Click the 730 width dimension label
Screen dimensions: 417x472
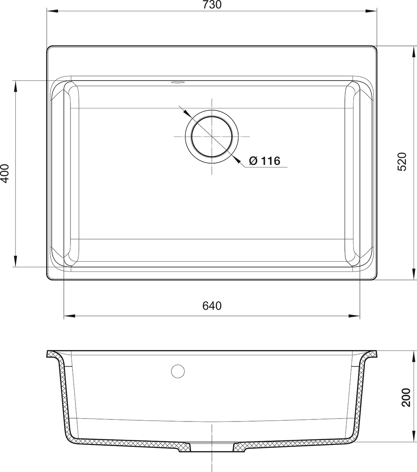[212, 5]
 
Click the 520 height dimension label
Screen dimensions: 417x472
[402, 162]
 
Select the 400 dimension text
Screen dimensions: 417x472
[5, 173]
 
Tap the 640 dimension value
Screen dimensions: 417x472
[212, 306]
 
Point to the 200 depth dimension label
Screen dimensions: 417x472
[406, 397]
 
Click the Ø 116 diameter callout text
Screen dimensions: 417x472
[265, 161]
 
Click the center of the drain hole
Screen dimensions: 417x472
[212, 136]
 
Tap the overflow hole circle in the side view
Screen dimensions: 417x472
[178, 371]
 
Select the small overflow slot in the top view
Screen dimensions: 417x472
[178, 81]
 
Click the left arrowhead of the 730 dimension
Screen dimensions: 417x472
[52, 11]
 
